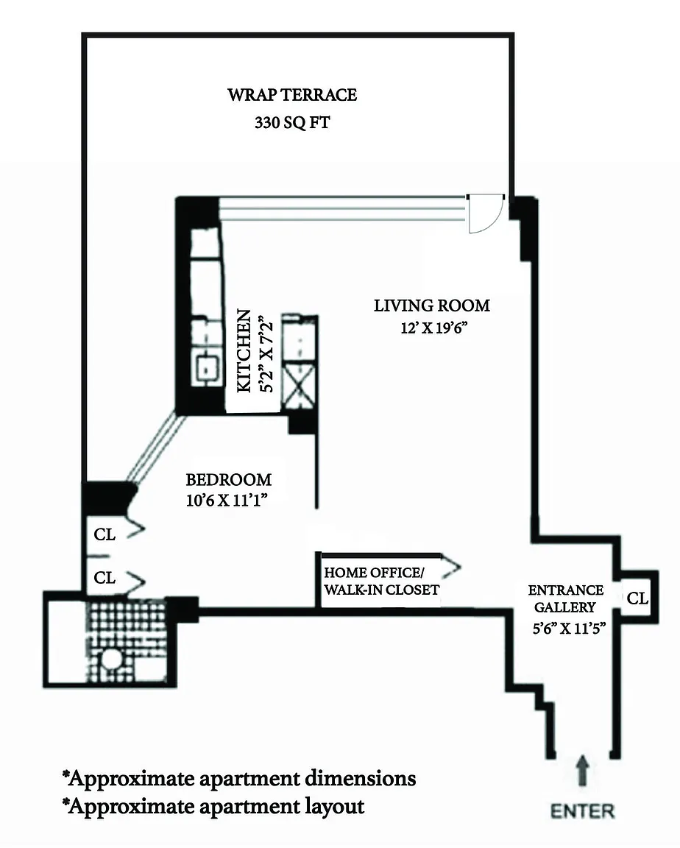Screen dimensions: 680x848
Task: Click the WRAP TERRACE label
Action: click(292, 95)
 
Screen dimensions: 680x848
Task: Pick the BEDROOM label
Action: click(228, 480)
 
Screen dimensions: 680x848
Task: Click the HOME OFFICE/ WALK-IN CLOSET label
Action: click(381, 581)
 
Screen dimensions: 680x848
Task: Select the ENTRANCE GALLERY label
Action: click(567, 598)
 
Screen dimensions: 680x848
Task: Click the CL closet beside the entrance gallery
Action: click(637, 599)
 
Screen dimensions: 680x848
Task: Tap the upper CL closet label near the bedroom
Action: click(105, 535)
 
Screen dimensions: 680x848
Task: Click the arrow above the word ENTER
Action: click(582, 772)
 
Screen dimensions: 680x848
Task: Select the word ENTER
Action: click(581, 811)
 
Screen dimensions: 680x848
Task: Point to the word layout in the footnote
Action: click(331, 806)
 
